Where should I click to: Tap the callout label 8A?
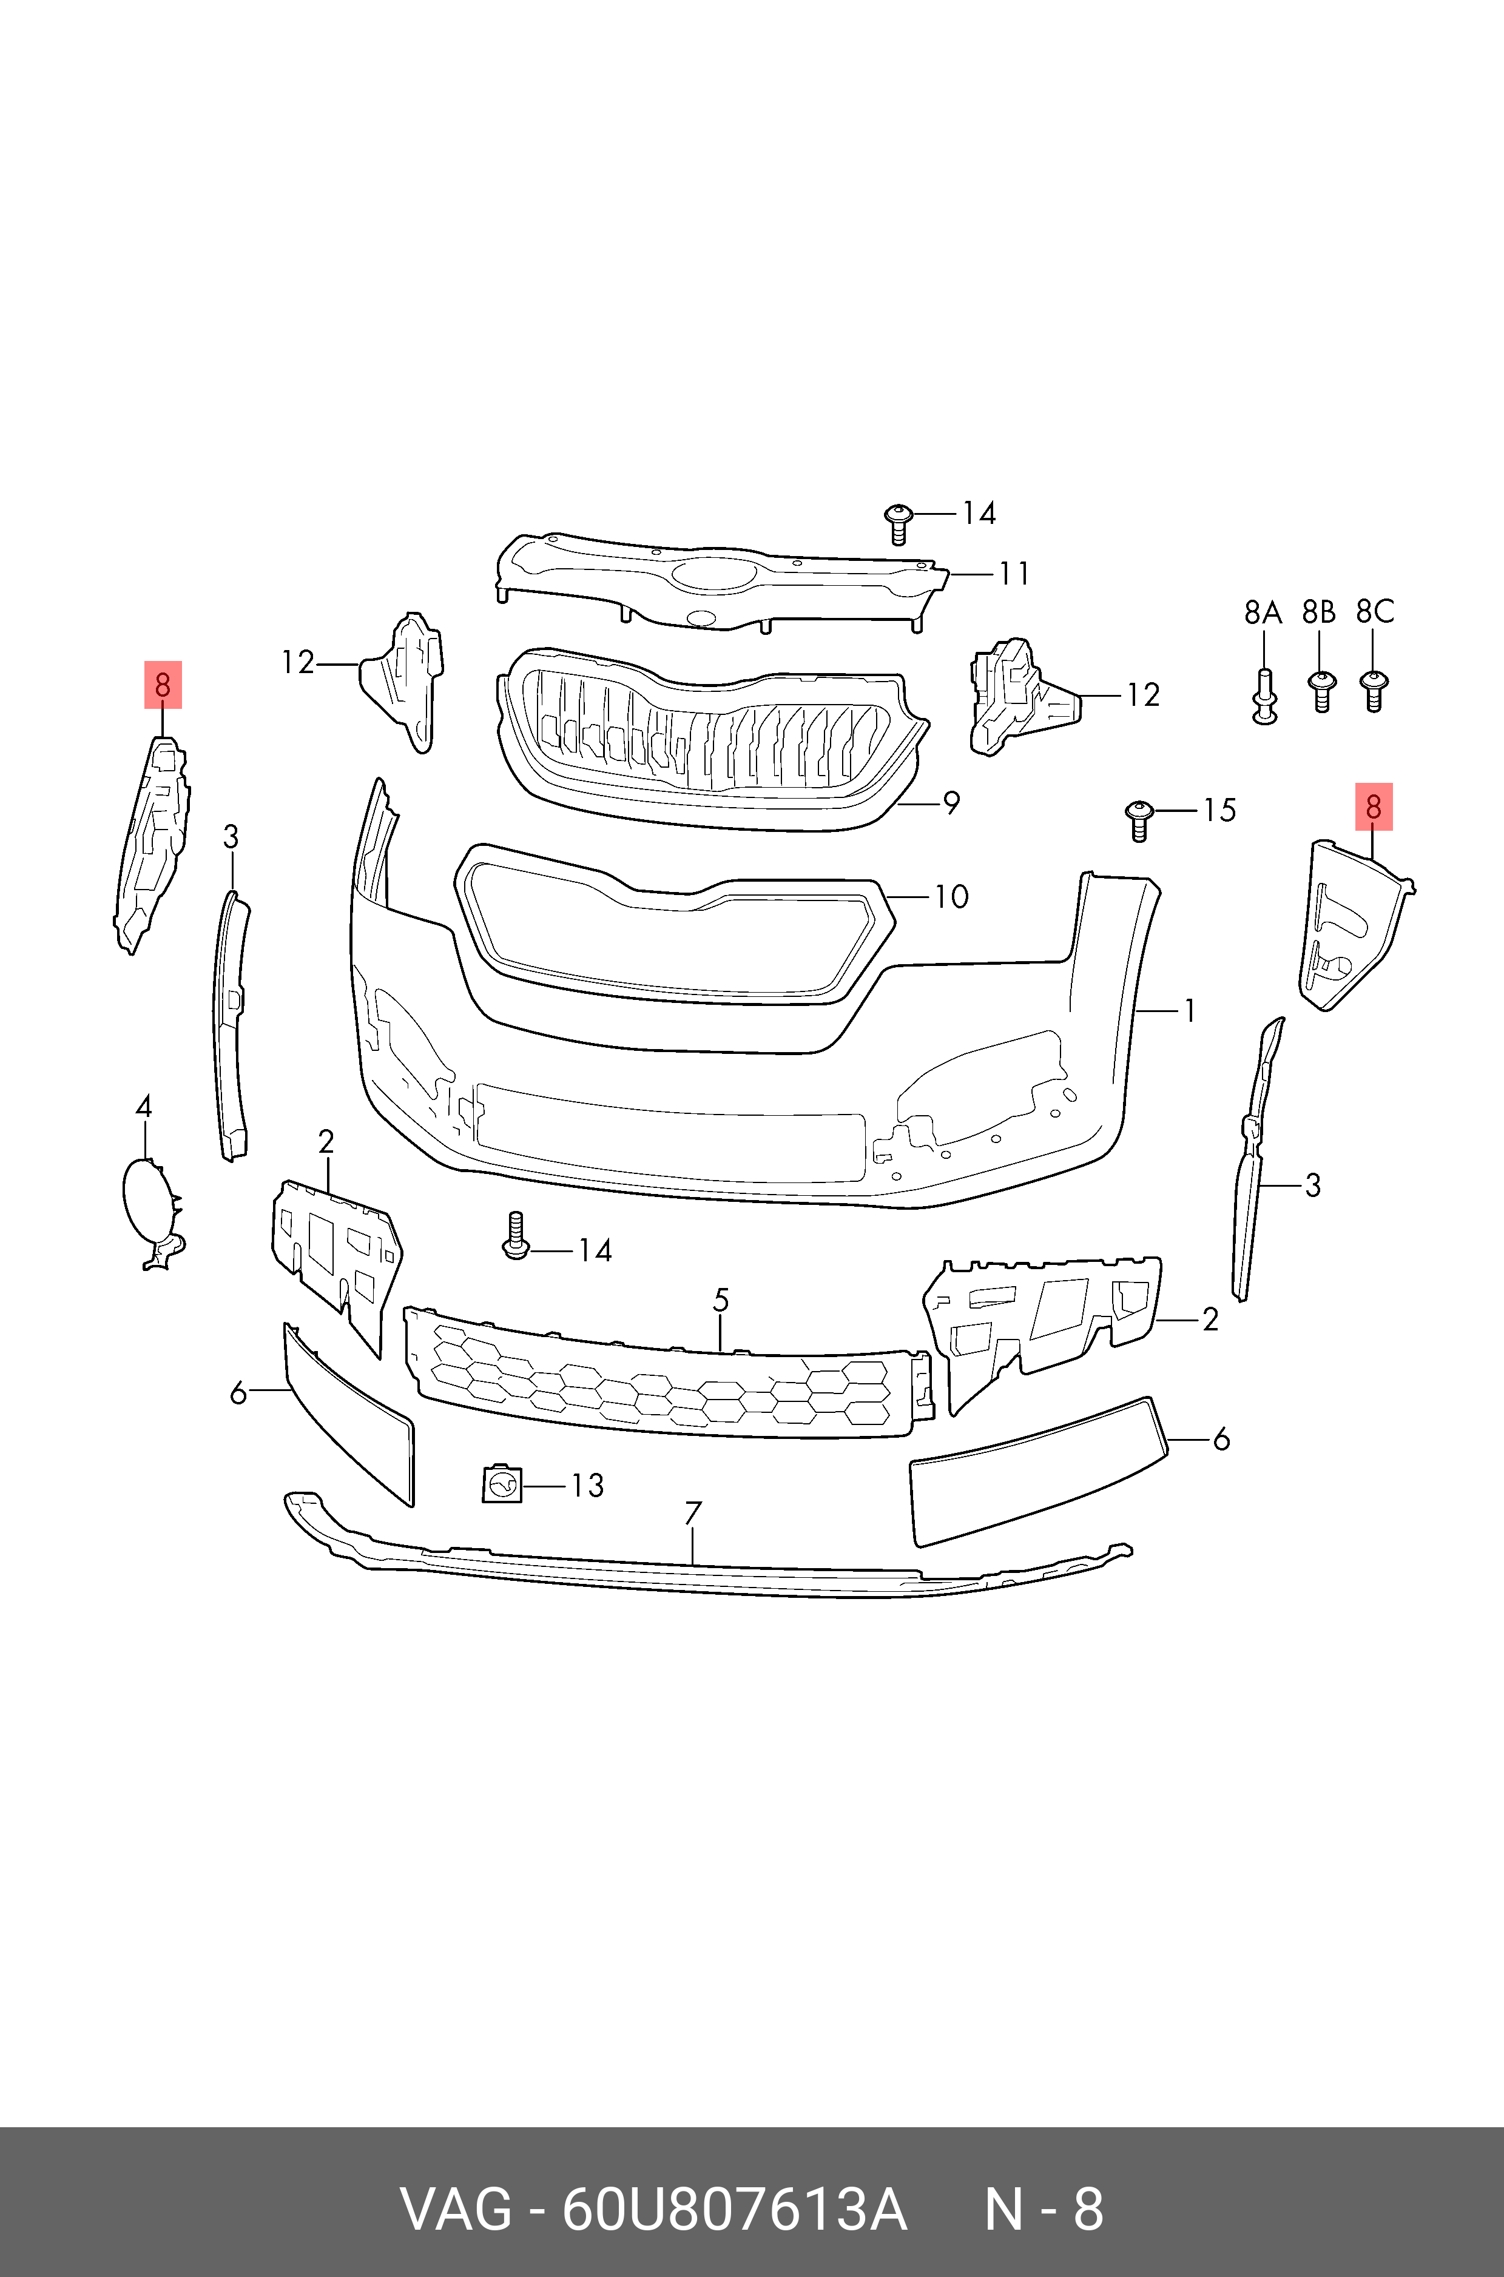coord(1263,612)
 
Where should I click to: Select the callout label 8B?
coord(1319,612)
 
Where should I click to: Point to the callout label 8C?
coord(1375,612)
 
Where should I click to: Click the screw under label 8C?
coord(1374,689)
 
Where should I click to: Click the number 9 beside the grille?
coord(951,802)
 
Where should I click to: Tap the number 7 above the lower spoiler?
coord(692,1513)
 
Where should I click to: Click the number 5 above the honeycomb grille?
coord(720,1300)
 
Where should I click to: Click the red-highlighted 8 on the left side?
coord(162,685)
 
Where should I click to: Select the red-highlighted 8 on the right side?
coord(1372,807)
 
